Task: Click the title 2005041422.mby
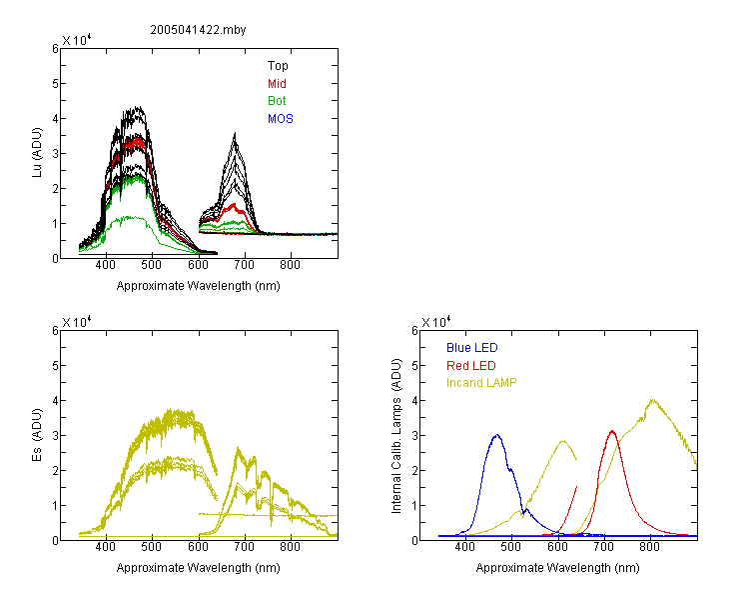coord(198,30)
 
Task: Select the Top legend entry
coord(278,66)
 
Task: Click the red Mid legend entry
coord(277,84)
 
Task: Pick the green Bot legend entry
coord(277,101)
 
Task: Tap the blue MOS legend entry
coord(281,119)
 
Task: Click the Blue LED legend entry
coord(472,348)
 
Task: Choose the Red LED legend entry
coord(471,366)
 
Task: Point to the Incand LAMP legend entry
coord(481,383)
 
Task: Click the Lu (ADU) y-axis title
coord(37,152)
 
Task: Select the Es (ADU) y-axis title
coord(37,434)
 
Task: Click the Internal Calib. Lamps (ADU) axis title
coord(396,436)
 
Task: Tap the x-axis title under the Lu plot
coord(199,286)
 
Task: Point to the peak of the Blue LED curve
coord(496,435)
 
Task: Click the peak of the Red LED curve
coord(612,431)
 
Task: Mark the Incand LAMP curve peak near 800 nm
coord(652,400)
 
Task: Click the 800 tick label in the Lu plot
coord(290,265)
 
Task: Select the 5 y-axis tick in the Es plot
coord(55,366)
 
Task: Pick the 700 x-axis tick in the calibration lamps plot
coord(605,547)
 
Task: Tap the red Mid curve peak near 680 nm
coord(234,204)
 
